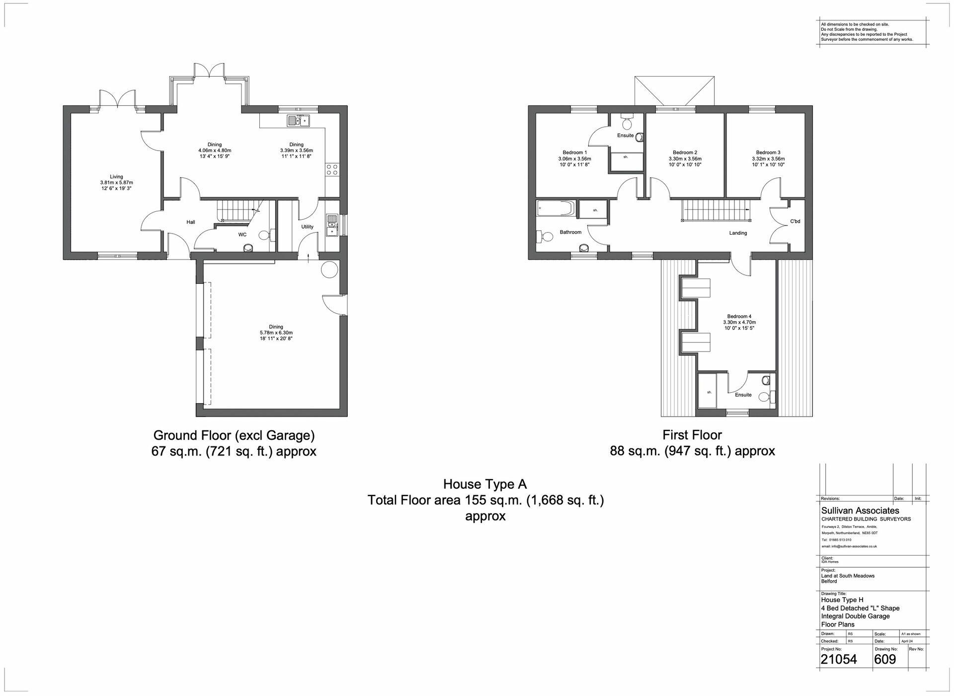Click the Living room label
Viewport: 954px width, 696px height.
tap(116, 176)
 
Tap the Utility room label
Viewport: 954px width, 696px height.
tap(307, 227)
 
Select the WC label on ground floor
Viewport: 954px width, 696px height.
tap(242, 234)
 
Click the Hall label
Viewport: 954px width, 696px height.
tap(191, 222)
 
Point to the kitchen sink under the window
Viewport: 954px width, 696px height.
tap(298, 120)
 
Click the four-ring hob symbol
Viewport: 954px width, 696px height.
tap(332, 170)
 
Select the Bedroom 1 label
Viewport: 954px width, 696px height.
tap(574, 153)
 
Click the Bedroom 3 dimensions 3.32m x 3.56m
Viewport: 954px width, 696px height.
tap(768, 159)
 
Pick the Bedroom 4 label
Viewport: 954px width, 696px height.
tap(739, 316)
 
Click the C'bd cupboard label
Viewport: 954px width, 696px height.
tap(795, 221)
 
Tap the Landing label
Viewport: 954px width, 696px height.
tap(738, 233)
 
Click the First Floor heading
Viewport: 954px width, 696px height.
tap(692, 435)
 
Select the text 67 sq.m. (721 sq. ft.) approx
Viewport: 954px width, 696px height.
tap(234, 451)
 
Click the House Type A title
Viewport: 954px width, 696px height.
tap(484, 484)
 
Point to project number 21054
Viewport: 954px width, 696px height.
tap(838, 659)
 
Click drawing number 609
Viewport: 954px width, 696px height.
tap(885, 659)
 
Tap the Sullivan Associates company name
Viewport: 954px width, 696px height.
tap(860, 511)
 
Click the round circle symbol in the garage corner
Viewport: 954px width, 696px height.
tap(328, 270)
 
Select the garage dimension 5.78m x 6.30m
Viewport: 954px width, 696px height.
tap(276, 333)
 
